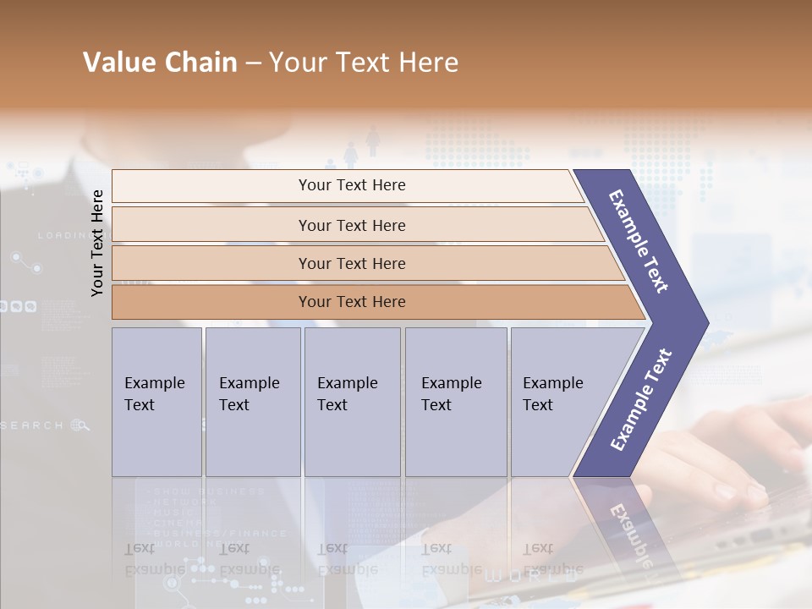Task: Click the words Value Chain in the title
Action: (160, 63)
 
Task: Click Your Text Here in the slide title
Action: (364, 63)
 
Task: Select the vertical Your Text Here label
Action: (97, 243)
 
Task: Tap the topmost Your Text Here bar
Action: (351, 185)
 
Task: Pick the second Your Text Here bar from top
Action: (351, 225)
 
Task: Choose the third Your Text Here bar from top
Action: (351, 263)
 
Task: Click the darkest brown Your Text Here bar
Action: (351, 302)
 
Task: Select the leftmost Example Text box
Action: (156, 402)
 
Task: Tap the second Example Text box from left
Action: (252, 402)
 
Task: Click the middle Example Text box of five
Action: (351, 402)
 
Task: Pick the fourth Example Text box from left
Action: (455, 402)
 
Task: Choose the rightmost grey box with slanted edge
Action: (558, 402)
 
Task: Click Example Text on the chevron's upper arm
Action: (639, 241)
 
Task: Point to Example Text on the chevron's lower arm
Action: (641, 399)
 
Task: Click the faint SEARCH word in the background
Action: (32, 425)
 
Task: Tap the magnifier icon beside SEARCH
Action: (80, 425)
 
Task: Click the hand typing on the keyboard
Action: (744, 457)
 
